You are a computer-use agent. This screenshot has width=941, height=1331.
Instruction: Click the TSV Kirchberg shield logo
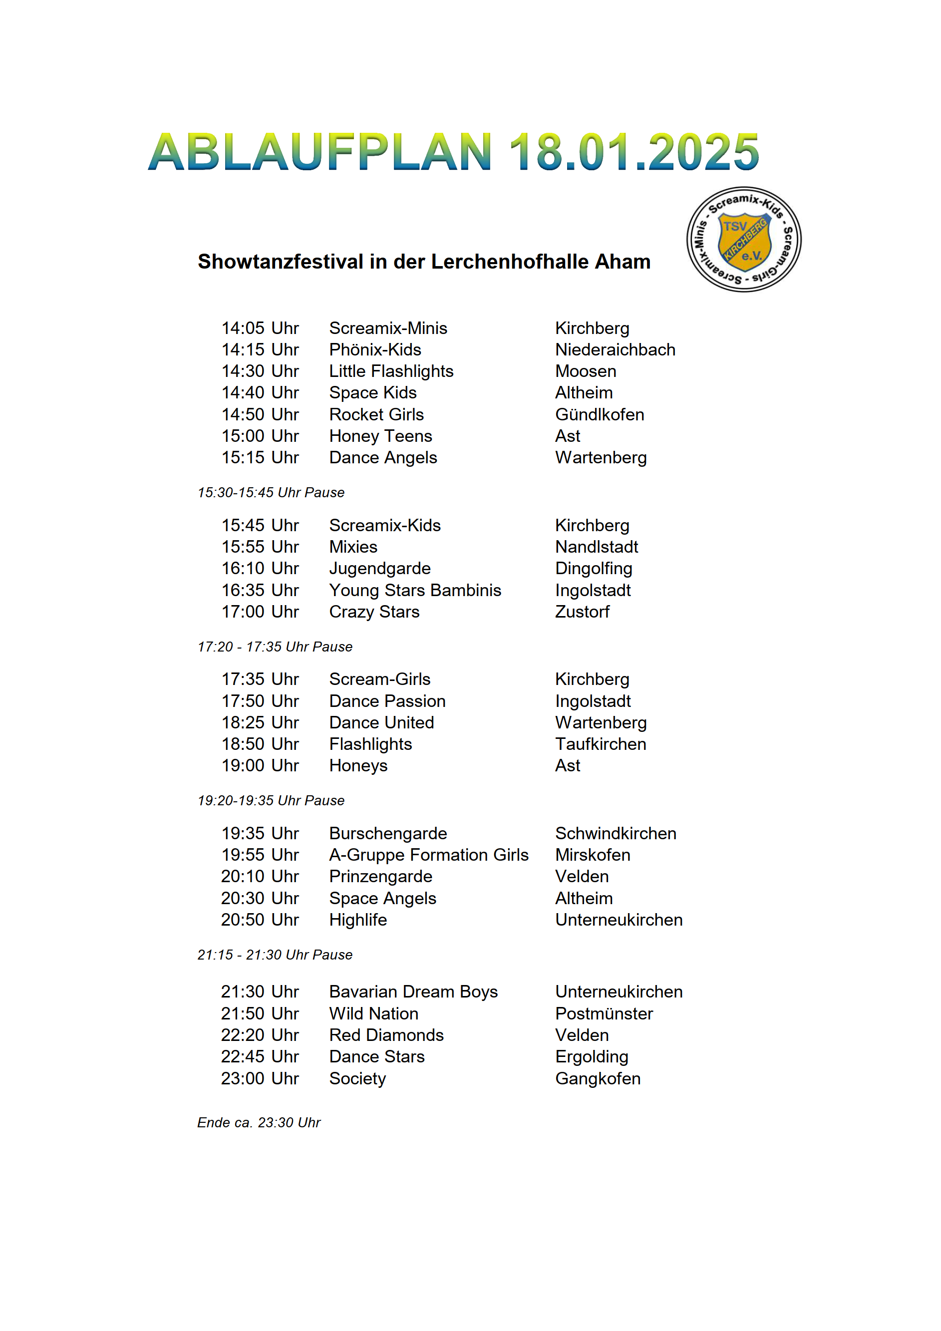point(744,240)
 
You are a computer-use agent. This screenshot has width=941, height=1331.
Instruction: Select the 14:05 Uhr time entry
point(260,328)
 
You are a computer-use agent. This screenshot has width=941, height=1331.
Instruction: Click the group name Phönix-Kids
point(375,349)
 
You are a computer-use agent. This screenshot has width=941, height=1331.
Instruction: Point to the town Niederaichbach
point(615,349)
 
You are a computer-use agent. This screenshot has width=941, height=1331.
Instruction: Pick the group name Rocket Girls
point(376,414)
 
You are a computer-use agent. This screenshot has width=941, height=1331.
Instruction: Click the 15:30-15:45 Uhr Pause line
point(271,493)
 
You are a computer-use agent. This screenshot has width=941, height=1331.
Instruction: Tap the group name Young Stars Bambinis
point(415,590)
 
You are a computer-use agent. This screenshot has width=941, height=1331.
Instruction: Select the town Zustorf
point(582,612)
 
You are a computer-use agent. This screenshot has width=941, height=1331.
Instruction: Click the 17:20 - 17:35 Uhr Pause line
point(275,647)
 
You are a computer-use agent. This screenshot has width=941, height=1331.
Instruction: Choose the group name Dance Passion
point(387,701)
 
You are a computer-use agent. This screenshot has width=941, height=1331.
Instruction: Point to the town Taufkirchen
point(601,744)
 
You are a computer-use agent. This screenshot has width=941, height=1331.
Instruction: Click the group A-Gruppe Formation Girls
point(428,855)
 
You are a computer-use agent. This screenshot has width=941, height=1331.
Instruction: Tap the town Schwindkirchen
point(616,834)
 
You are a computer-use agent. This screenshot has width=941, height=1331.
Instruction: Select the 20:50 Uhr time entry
point(260,920)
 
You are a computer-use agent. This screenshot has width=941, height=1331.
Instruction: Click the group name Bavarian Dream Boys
point(413,992)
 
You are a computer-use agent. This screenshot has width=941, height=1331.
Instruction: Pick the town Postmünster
point(604,1014)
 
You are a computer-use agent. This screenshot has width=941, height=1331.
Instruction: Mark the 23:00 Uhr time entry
point(260,1079)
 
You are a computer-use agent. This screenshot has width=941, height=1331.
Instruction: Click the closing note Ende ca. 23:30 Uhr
point(259,1123)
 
